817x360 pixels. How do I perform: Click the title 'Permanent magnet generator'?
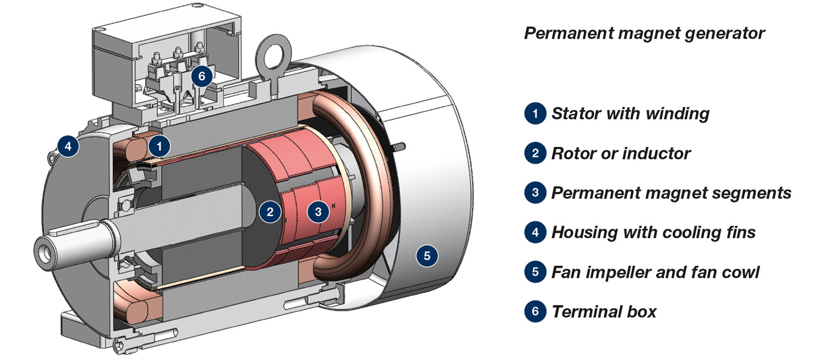(644, 34)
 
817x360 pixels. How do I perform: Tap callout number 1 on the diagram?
(159, 146)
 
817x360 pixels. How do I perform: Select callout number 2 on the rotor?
(270, 211)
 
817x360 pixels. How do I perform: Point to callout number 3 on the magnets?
(318, 211)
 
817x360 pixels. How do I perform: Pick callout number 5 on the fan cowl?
(427, 255)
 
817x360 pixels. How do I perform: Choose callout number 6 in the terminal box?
(202, 76)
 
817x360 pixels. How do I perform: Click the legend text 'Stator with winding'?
(630, 114)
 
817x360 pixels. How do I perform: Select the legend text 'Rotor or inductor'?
(621, 154)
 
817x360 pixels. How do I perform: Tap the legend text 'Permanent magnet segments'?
(671, 193)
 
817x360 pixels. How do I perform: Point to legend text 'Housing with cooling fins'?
(654, 233)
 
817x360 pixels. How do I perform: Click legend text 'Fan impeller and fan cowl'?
(655, 272)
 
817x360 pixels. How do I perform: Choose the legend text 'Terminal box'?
(604, 312)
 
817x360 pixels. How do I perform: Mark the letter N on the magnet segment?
(333, 206)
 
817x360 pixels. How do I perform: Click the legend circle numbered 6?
(535, 312)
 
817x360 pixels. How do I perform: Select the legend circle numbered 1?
(535, 114)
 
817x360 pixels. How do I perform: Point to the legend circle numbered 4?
(535, 233)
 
